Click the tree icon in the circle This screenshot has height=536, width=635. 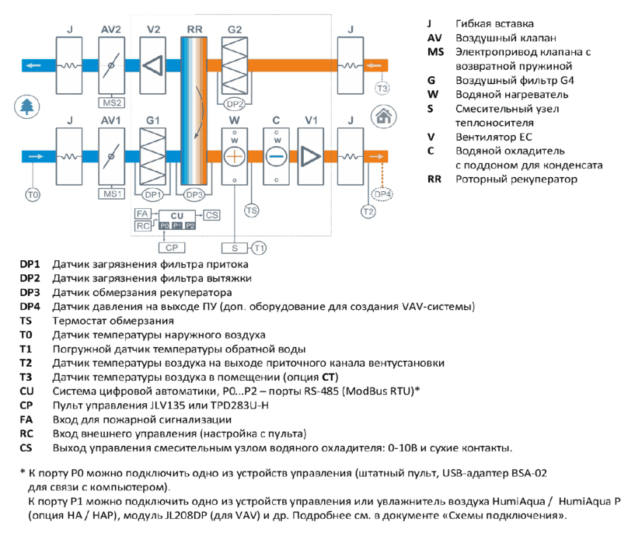(27, 107)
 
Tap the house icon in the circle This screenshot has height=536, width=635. (383, 117)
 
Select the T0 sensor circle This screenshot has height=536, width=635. (33, 195)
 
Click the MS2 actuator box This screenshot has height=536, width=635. (112, 103)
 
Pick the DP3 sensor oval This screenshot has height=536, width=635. (194, 195)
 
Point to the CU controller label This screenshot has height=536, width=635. (177, 216)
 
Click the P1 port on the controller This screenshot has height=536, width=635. (177, 225)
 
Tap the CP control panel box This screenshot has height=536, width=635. (172, 247)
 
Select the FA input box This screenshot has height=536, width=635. (142, 214)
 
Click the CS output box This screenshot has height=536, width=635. (212, 215)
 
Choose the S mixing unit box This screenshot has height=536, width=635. (235, 248)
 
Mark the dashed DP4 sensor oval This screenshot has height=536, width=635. (382, 194)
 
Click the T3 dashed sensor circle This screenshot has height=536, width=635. (382, 89)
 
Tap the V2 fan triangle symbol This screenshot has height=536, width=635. (152, 65)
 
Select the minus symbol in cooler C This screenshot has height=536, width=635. (276, 156)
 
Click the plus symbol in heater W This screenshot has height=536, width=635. (235, 156)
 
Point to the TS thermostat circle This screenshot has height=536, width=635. (252, 211)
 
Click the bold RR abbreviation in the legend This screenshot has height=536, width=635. (434, 179)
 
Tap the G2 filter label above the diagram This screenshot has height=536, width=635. (235, 30)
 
